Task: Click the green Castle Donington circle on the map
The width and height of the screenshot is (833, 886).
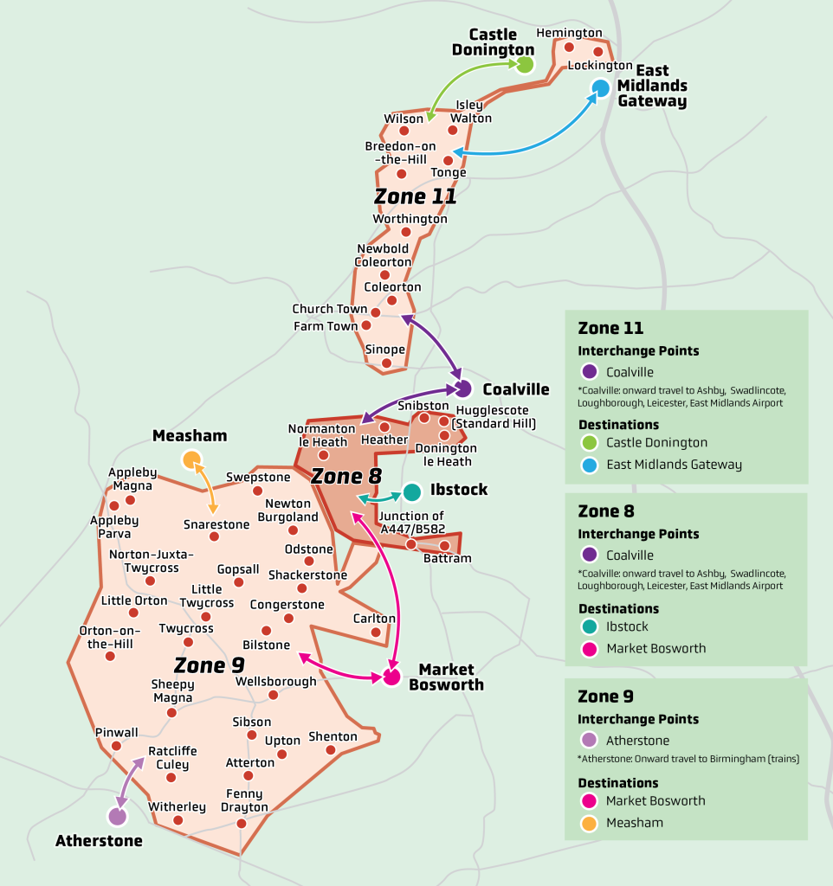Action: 525,63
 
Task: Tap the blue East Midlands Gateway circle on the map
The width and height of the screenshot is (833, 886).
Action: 601,88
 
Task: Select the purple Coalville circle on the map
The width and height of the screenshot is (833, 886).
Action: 463,388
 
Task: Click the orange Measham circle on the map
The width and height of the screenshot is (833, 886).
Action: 191,459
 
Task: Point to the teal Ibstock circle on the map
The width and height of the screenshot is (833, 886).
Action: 412,492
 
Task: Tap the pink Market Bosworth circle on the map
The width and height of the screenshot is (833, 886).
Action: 391,677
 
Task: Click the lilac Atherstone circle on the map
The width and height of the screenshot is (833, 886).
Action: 117,816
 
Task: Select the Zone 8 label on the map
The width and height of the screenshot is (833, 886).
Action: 345,476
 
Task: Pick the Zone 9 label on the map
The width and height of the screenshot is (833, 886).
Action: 209,665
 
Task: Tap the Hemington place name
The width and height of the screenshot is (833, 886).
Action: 569,33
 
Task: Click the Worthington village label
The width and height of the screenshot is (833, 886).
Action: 410,219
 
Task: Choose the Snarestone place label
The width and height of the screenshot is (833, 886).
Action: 216,524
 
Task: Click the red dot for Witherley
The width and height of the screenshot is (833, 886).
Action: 178,820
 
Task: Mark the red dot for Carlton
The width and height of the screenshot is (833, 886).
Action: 376,632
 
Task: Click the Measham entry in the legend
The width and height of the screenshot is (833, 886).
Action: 634,822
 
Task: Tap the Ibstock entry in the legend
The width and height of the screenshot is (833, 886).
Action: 627,626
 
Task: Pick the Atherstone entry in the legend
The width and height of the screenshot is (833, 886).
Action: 637,741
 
